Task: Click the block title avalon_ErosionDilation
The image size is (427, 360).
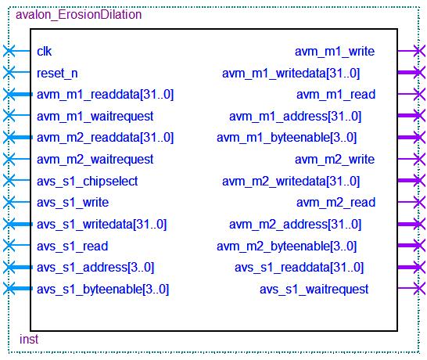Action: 79,15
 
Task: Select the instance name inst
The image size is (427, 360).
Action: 29,340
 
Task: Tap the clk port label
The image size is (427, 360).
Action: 44,51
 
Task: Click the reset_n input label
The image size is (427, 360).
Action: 57,73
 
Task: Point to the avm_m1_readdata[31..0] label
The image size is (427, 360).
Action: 105,95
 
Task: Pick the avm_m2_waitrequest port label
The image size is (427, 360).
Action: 95,160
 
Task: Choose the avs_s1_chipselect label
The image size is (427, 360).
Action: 87,182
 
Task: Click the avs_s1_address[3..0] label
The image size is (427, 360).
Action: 95,268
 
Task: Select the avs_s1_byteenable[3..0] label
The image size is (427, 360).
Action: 102,289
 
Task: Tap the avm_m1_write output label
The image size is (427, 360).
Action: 335,51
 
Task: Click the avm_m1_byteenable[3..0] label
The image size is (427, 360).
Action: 286,138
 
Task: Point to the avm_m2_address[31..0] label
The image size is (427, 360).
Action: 295,225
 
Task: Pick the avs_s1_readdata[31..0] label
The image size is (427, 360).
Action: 299,268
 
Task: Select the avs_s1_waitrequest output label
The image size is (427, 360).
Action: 314,289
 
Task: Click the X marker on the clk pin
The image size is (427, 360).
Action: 9,51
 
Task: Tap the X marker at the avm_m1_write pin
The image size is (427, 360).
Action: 419,51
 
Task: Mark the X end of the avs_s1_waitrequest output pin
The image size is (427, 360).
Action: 419,288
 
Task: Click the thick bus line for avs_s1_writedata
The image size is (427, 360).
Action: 20,225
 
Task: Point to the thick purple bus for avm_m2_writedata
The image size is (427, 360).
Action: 409,181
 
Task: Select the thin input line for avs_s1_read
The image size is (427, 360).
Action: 19,245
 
